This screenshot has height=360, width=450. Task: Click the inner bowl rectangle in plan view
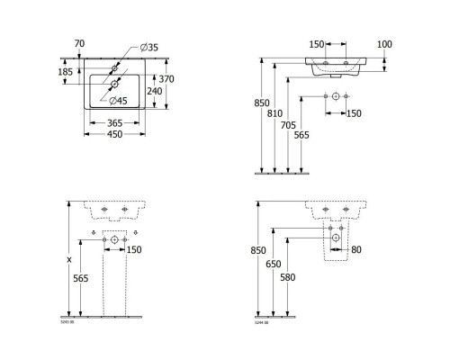click(x=112, y=90)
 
